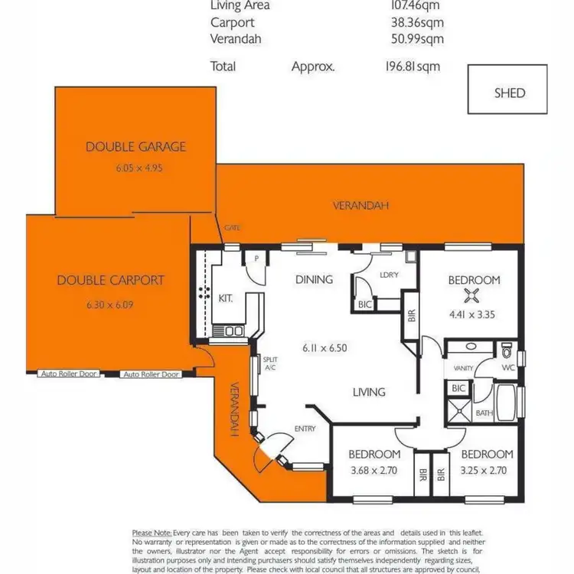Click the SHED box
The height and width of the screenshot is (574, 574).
pos(509,92)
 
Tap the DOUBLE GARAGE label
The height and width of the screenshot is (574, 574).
pos(135,146)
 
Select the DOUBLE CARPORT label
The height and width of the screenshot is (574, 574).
pos(110,280)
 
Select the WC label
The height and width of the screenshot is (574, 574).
pos(507,368)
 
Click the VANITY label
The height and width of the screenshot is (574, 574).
pos(464,368)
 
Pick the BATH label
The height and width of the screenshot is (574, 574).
pos(484,413)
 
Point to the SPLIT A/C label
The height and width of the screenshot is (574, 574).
pos(269,363)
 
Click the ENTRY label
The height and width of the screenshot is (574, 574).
pos(305,429)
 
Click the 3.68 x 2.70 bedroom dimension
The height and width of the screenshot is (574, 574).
pos(374,471)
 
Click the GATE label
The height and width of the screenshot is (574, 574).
pos(232,228)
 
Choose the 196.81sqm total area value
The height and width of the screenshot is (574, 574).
pos(414,67)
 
